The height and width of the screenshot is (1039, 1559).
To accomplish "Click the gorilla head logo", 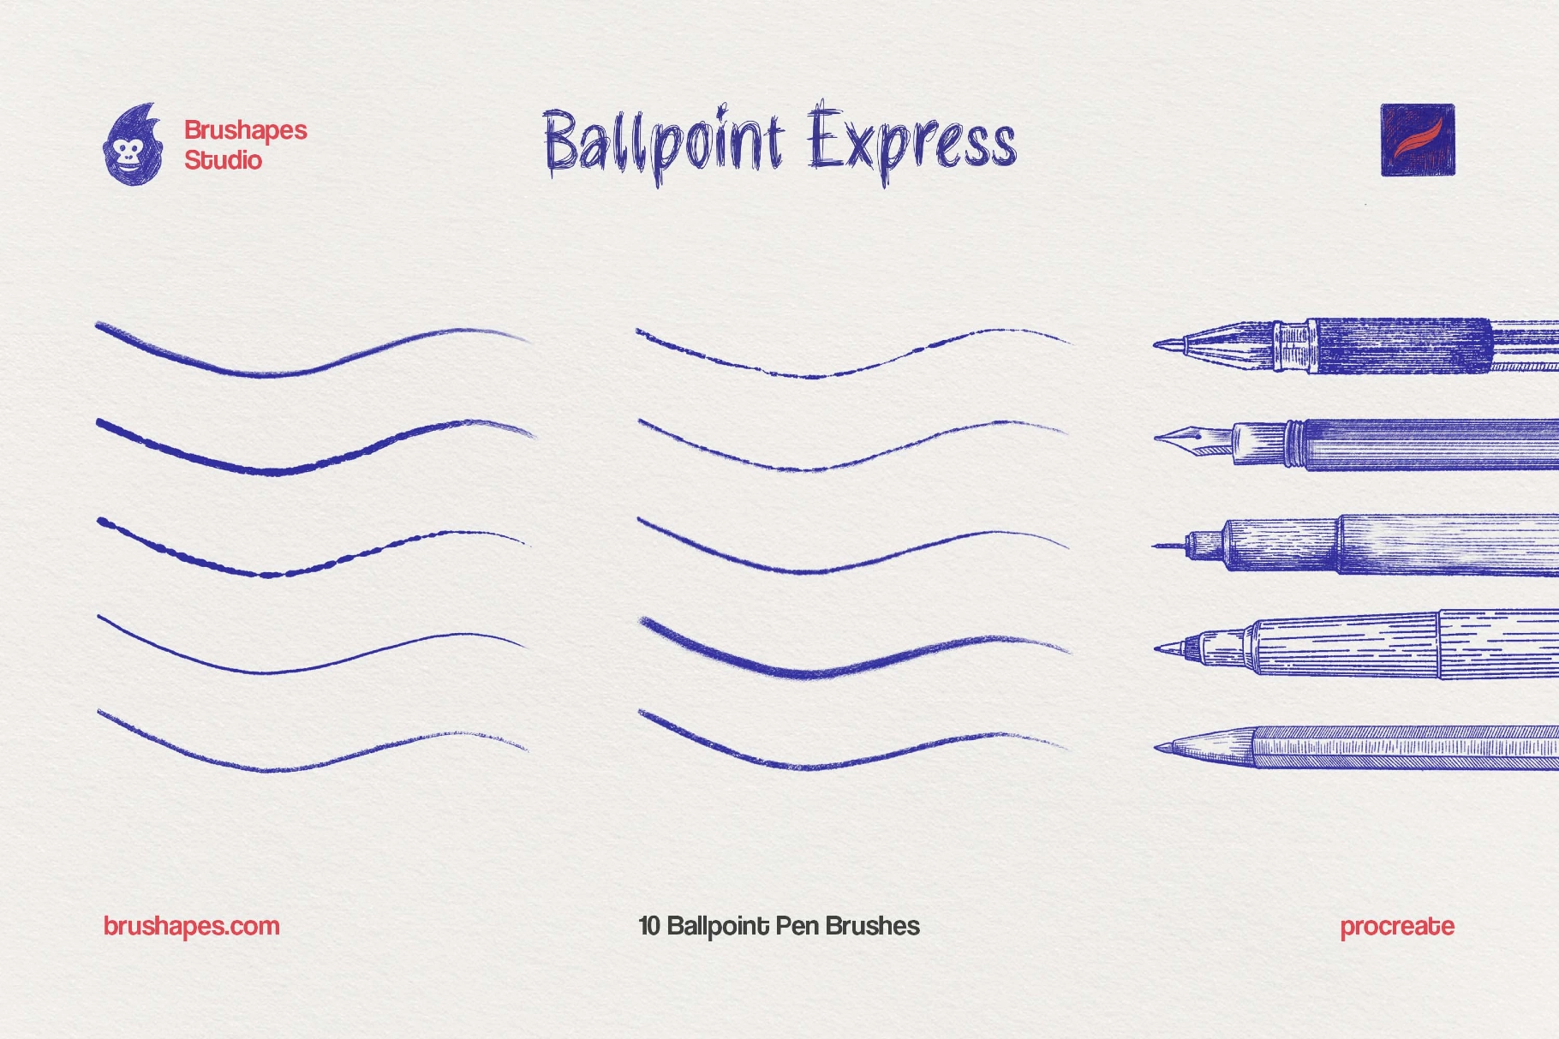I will point(133,146).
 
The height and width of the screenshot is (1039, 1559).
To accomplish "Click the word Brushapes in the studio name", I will point(246,130).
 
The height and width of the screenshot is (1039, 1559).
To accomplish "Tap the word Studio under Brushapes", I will point(223,160).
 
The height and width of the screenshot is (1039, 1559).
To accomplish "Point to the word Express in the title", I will point(912,141).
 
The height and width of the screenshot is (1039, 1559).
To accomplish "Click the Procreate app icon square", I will point(1417,140).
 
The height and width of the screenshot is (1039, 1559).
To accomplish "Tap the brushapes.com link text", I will point(191,926).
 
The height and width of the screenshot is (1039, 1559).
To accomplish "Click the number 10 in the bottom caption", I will point(649,926).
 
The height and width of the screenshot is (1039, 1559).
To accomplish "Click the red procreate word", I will point(1396,926).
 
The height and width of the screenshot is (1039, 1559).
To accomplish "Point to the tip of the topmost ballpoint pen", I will point(1158,345).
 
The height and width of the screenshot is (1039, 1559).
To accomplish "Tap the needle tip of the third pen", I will point(1158,546).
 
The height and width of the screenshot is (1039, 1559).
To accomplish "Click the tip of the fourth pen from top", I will point(1159,648).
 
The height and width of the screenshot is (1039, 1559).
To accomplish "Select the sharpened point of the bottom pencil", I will point(1159,748).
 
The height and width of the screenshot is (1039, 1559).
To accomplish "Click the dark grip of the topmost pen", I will point(1401,346).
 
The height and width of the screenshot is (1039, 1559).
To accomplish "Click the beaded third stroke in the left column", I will point(266,573).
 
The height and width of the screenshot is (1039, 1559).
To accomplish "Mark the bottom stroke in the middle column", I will point(814,764).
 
